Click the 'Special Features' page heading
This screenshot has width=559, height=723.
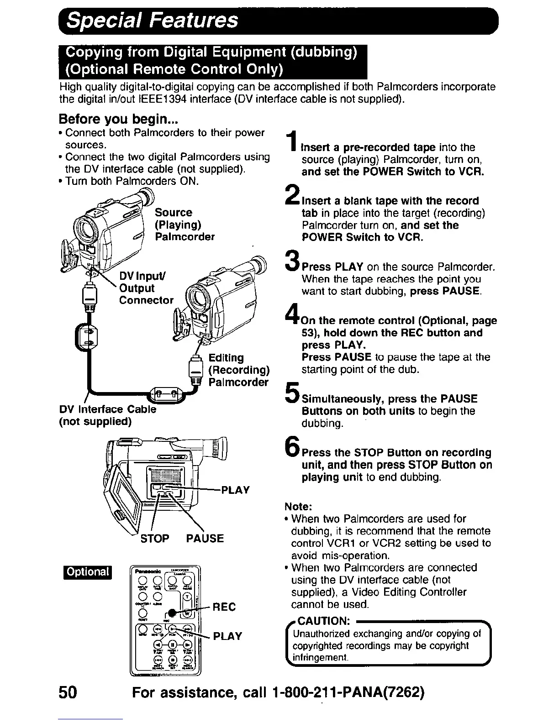point(152,20)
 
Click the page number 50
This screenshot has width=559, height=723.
point(68,692)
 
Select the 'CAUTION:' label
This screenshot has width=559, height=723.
point(324,621)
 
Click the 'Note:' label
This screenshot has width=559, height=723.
point(298,507)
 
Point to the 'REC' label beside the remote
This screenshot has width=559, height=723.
point(225,607)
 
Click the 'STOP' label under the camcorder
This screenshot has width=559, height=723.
point(154,539)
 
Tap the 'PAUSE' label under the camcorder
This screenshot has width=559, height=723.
point(205,539)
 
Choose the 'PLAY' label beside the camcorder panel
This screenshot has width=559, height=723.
point(235,490)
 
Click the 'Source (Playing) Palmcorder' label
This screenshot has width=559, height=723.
point(184,225)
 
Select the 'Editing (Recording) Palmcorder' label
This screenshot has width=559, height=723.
point(239,370)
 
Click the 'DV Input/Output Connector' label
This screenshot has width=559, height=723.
point(146,288)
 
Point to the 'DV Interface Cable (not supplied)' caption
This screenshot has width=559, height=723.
point(107,415)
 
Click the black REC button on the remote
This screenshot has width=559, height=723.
point(171,613)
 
